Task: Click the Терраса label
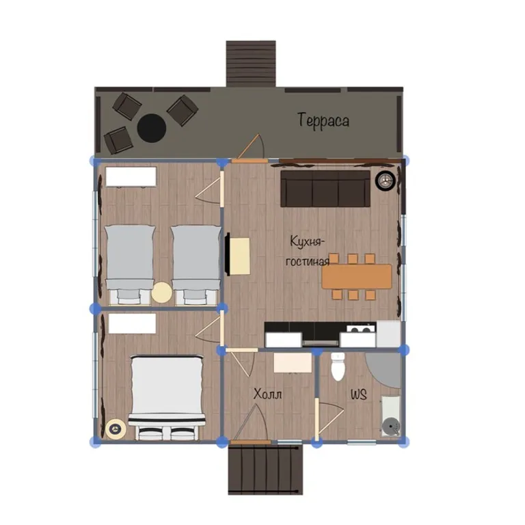pos(323,121)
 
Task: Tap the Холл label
pos(267,394)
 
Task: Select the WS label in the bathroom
pos(359,394)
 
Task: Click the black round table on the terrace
pos(152,129)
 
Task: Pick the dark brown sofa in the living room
pos(325,189)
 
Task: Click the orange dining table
pos(357,277)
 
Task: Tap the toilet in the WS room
pos(338,366)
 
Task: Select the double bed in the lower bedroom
pos(167,398)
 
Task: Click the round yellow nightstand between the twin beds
pos(162,293)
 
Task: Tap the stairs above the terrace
pos(251,64)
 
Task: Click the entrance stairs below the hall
pos(265,470)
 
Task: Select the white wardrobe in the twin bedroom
pos(131,176)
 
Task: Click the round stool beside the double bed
pos(116,429)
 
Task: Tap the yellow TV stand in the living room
pos(240,256)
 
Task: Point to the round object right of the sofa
pos(386,180)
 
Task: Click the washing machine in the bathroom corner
pos(391,416)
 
